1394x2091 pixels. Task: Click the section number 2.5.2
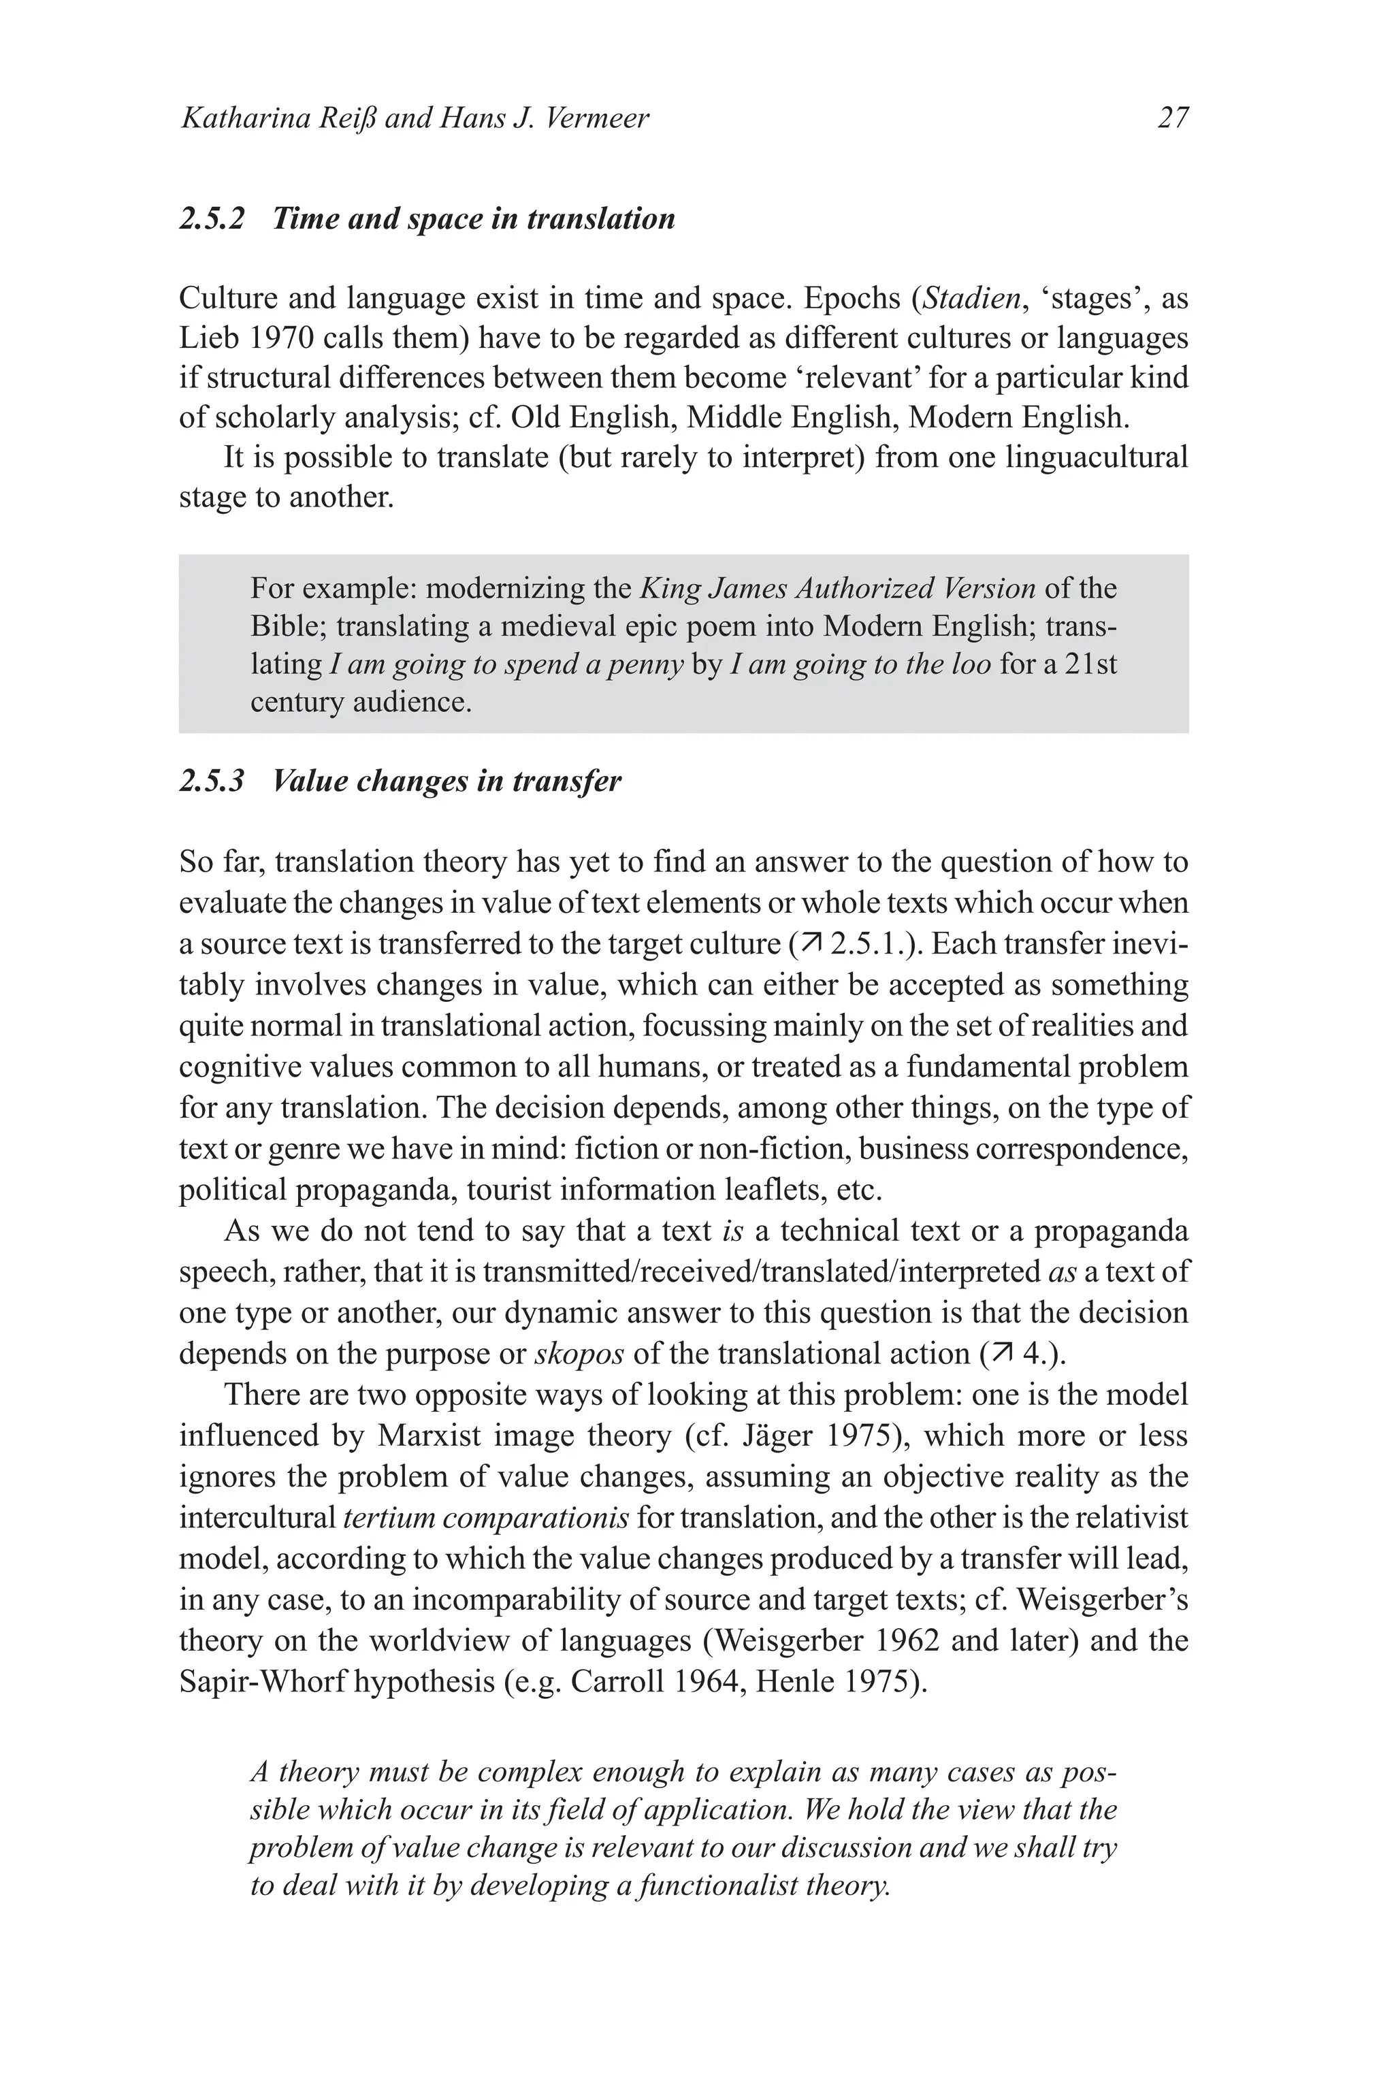212,218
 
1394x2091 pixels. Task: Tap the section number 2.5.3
212,781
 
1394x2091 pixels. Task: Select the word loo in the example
969,664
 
